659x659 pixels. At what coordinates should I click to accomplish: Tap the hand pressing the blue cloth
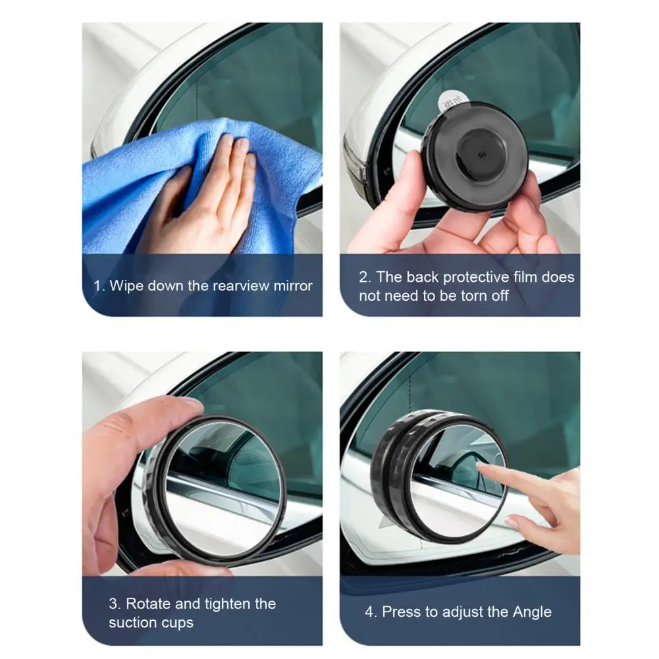(x=201, y=198)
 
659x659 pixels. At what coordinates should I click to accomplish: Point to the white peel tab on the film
(x=453, y=102)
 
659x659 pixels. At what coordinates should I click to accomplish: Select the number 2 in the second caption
(x=364, y=277)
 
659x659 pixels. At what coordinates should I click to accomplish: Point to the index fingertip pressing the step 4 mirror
(x=481, y=465)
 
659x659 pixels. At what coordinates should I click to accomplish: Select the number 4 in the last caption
(x=370, y=612)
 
